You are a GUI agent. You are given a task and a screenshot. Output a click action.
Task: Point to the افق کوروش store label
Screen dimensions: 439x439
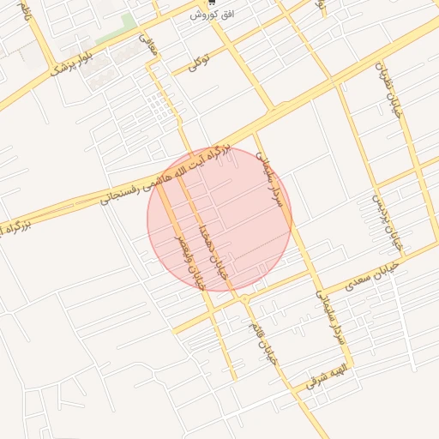(x=213, y=15)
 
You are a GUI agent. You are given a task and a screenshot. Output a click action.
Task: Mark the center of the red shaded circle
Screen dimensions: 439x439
(x=219, y=219)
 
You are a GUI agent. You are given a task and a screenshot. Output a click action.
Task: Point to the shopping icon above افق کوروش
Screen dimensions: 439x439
(x=213, y=3)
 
